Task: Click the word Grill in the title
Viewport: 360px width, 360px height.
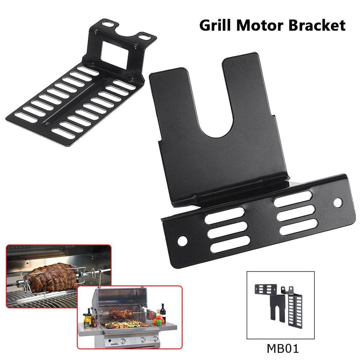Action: [215, 25]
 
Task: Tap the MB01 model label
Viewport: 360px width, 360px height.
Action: [283, 348]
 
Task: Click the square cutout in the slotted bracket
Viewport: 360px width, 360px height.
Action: [114, 54]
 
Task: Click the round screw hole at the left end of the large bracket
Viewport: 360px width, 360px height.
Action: [182, 241]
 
